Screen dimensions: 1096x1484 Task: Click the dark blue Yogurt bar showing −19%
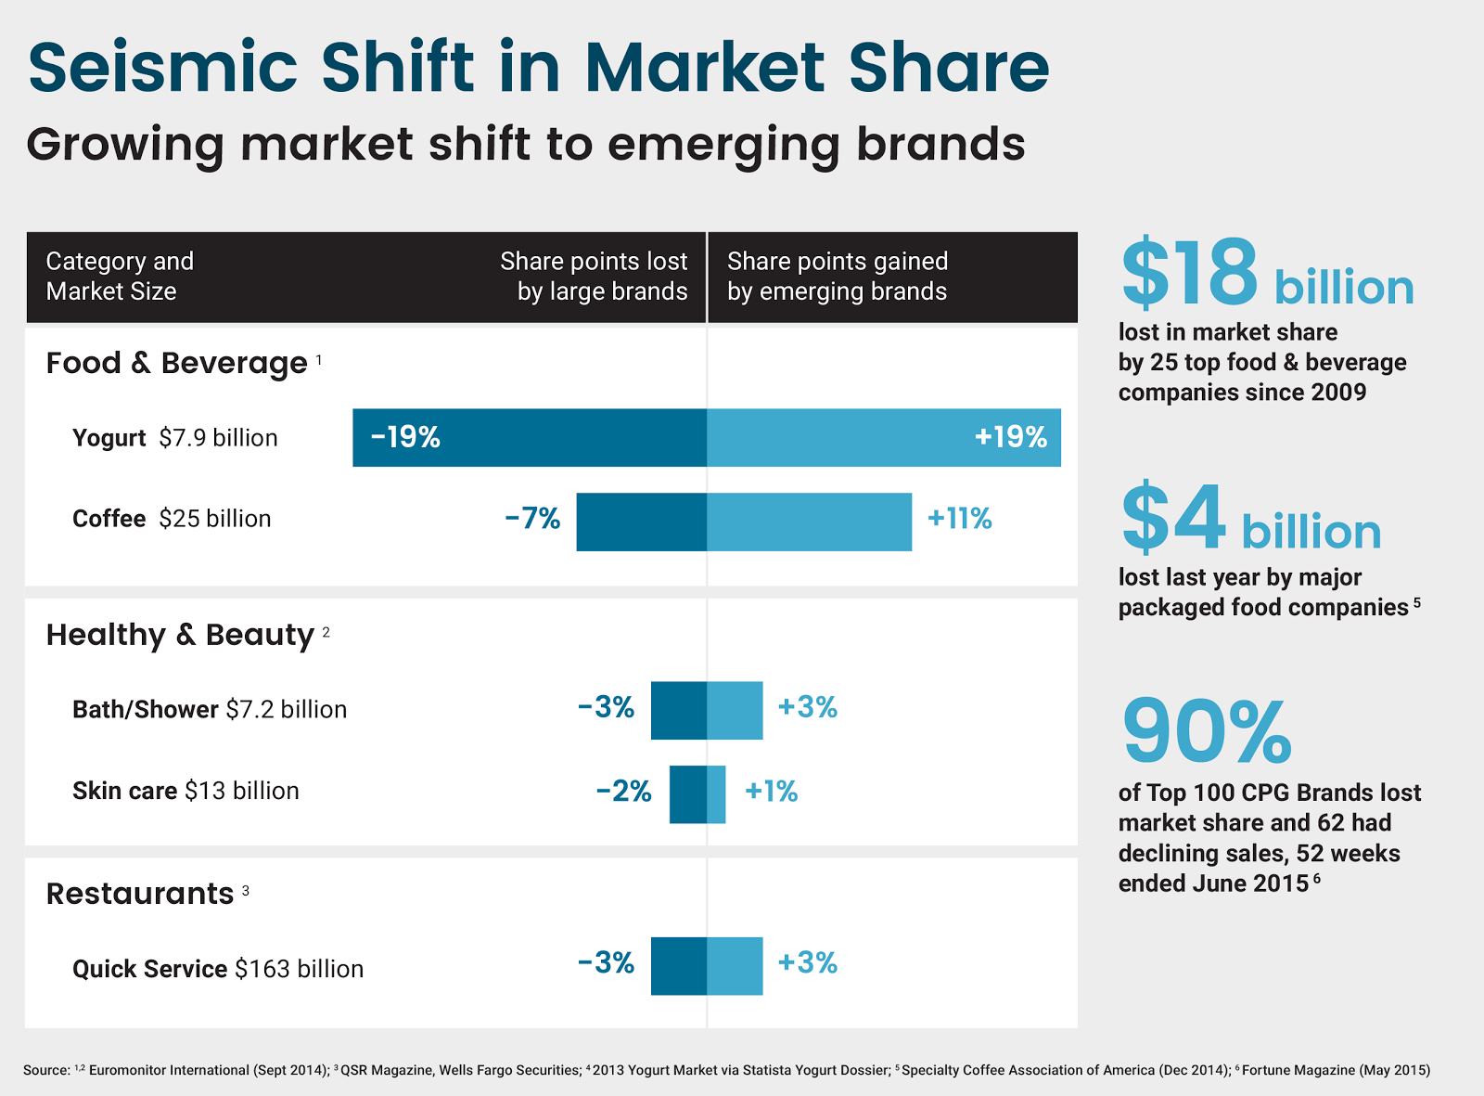pyautogui.click(x=529, y=437)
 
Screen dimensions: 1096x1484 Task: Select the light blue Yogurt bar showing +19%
pyautogui.click(x=883, y=437)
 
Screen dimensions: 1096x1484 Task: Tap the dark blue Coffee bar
pyautogui.click(x=641, y=522)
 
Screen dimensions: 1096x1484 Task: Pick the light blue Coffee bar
pyautogui.click(x=809, y=522)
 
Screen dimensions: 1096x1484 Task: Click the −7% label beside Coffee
pyautogui.click(x=532, y=518)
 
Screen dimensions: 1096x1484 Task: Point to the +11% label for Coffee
pyautogui.click(x=960, y=518)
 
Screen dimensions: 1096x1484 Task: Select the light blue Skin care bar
pyautogui.click(x=716, y=794)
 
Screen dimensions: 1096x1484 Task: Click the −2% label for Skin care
pyautogui.click(x=623, y=791)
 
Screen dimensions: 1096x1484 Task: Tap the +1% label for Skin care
pyautogui.click(x=771, y=791)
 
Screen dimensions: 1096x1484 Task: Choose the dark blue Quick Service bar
pyautogui.click(x=678, y=966)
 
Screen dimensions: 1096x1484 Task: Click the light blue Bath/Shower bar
pyautogui.click(x=735, y=710)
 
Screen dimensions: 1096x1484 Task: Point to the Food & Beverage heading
pyautogui.click(x=176, y=363)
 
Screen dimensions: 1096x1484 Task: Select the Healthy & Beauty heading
pyautogui.click(x=180, y=635)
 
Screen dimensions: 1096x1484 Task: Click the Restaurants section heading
pyautogui.click(x=140, y=894)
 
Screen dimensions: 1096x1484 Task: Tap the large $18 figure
pyautogui.click(x=1189, y=273)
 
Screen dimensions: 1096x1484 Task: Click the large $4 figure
pyautogui.click(x=1173, y=518)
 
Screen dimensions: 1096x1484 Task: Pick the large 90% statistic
pyautogui.click(x=1207, y=731)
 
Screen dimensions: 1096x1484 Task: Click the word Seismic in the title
pyautogui.click(x=162, y=67)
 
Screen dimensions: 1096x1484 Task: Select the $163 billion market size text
pyautogui.click(x=299, y=969)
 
